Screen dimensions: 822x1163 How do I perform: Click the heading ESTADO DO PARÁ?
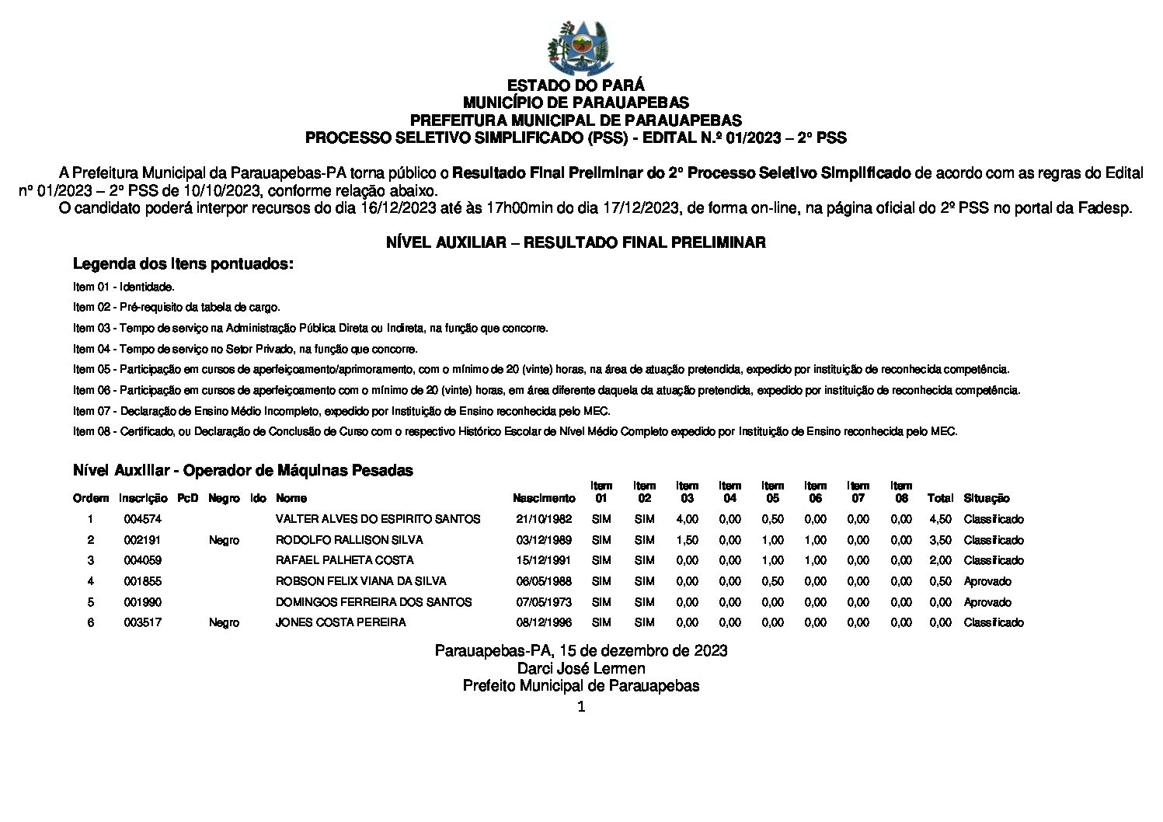click(576, 85)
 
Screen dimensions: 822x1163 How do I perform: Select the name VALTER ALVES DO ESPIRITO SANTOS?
click(378, 519)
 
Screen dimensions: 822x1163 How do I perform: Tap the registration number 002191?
click(142, 540)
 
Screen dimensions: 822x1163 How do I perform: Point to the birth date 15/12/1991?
click(543, 560)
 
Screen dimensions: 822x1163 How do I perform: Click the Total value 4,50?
click(940, 519)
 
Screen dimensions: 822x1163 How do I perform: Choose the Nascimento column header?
click(544, 498)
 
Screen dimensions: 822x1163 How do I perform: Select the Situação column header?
click(986, 498)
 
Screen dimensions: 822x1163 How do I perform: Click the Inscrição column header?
click(143, 498)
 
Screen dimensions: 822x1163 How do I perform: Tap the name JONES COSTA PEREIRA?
click(340, 622)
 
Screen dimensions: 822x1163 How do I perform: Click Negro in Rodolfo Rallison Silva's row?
click(224, 540)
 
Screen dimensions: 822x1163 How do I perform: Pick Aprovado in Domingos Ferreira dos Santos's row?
click(987, 602)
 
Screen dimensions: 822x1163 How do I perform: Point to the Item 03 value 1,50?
click(687, 540)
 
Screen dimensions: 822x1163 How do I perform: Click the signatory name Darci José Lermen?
click(581, 668)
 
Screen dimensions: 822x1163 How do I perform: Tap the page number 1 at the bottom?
click(580, 706)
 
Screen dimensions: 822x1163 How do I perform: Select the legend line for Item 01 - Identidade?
click(124, 287)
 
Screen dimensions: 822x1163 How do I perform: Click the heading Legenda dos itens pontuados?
click(183, 264)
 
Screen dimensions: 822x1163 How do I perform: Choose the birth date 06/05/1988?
click(543, 581)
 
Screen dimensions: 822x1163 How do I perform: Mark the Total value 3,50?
click(940, 540)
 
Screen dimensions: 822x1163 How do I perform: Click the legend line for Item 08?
click(515, 431)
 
